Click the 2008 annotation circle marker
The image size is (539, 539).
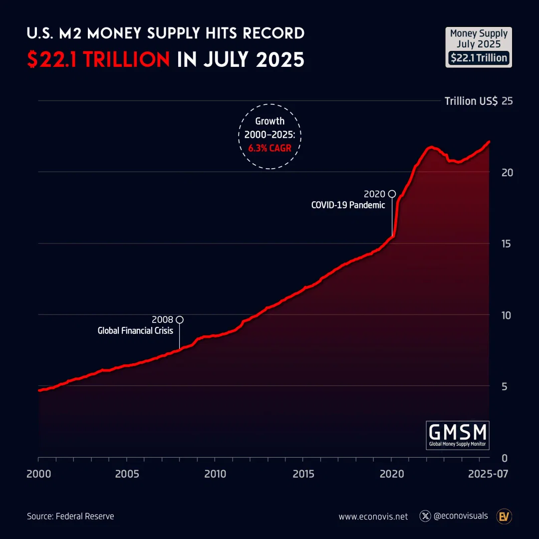pos(180,319)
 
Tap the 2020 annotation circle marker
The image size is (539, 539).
pos(392,194)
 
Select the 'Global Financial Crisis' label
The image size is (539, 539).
pos(135,330)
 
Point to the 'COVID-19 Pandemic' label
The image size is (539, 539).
pos(348,205)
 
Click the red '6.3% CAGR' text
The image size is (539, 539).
pos(269,148)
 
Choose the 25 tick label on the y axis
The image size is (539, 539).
pos(507,101)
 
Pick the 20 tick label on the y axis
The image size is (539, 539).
pos(507,172)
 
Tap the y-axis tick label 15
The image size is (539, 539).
pos(507,244)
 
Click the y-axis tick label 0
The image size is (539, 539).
pos(504,458)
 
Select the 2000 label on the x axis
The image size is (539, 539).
pos(38,473)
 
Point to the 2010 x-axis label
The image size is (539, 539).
pos(215,473)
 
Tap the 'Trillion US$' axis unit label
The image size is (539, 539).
pos(471,101)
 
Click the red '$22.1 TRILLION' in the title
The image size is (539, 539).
pos(98,60)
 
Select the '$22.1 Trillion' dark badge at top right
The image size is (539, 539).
pos(479,58)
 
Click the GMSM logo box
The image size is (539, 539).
pos(458,435)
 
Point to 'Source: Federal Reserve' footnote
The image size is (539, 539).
pos(70,516)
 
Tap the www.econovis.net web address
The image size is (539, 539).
pos(373,517)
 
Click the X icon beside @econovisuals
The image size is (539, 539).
pos(425,516)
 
